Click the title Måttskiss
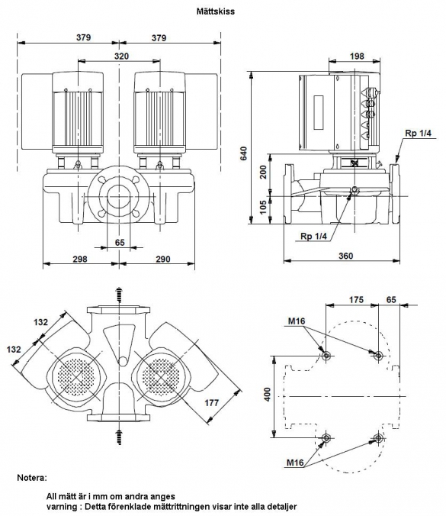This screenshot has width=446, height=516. [x=216, y=11]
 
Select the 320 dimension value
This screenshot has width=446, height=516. [x=121, y=56]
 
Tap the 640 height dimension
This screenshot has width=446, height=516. [x=243, y=153]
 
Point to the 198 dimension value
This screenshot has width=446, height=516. [x=357, y=56]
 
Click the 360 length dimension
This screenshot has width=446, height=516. [x=345, y=256]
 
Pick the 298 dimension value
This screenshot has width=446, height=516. [x=80, y=259]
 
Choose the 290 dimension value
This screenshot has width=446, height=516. [x=163, y=259]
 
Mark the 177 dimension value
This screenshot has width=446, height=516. [x=212, y=402]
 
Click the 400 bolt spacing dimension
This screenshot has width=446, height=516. [x=268, y=394]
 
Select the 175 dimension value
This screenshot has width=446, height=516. [x=356, y=300]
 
